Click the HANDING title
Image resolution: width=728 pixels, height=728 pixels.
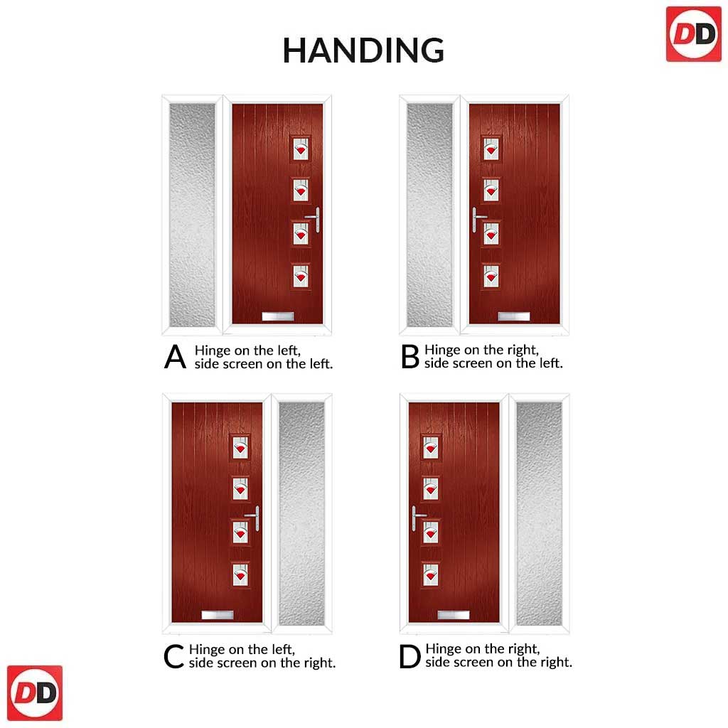pos(363,50)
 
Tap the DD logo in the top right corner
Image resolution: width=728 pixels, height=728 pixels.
pos(694,34)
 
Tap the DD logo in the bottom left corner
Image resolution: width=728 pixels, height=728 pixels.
pos(35,693)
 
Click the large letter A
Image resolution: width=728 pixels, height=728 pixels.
pos(175,357)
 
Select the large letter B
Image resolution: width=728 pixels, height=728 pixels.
pos(410,357)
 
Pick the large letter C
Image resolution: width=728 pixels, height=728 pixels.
pos(173,656)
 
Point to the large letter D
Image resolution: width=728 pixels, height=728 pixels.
pos(409,656)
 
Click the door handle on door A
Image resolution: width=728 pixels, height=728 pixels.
pos(314,219)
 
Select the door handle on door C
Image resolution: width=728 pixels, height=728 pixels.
pos(253,518)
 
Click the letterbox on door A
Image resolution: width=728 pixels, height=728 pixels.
pos(278,316)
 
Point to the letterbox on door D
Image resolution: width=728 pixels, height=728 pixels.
pos(454,616)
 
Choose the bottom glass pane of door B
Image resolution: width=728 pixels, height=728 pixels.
pos(491,277)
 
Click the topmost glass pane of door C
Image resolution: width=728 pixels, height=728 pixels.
pos(240,448)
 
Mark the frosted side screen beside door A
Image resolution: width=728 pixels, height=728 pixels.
pos(192,215)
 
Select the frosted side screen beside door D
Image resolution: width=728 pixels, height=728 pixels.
pos(539,513)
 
